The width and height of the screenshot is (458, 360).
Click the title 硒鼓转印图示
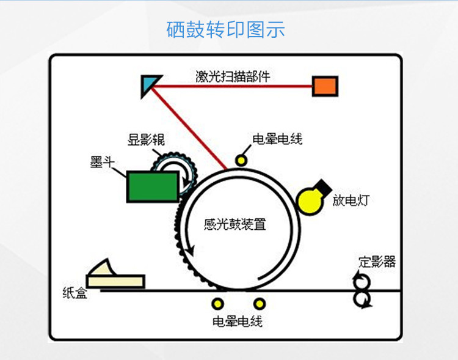pyautogui.click(x=225, y=29)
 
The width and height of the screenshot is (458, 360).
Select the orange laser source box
pyautogui.click(x=325, y=86)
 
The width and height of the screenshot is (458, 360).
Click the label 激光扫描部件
pyautogui.click(x=233, y=77)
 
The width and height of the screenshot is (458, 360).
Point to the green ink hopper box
pyautogui.click(x=152, y=186)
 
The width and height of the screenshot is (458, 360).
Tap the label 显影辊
pyautogui.click(x=146, y=140)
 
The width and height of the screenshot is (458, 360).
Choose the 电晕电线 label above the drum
pyautogui.click(x=277, y=139)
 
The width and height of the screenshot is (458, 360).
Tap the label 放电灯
pyautogui.click(x=350, y=200)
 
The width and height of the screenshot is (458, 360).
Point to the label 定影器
pyautogui.click(x=377, y=262)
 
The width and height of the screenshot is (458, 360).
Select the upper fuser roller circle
pyautogui.click(x=362, y=281)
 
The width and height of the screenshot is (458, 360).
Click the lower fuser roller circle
pyautogui.click(x=362, y=299)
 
